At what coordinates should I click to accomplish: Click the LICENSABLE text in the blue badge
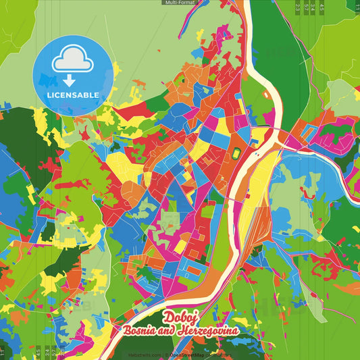click(x=73, y=95)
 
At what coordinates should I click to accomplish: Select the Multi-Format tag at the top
click(x=180, y=3)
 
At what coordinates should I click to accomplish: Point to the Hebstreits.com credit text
click(x=145, y=355)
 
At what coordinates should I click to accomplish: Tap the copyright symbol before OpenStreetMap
click(x=167, y=355)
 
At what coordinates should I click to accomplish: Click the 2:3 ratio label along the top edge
click(x=299, y=7)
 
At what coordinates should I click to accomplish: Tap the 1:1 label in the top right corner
click(x=357, y=7)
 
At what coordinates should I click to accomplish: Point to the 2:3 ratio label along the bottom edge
click(x=61, y=353)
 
